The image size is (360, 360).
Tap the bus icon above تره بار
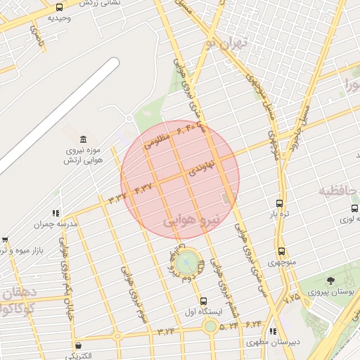click(280, 202)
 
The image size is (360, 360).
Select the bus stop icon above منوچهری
click(281, 251)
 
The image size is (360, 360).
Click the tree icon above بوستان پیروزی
click(330, 281)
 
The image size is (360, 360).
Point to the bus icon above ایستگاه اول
click(203, 301)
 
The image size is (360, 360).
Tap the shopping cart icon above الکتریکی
click(77, 345)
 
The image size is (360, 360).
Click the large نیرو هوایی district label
click(192, 220)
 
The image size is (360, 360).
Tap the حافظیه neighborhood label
click(339, 190)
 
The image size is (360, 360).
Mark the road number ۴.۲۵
click(292, 298)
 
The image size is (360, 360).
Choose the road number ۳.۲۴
click(166, 331)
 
